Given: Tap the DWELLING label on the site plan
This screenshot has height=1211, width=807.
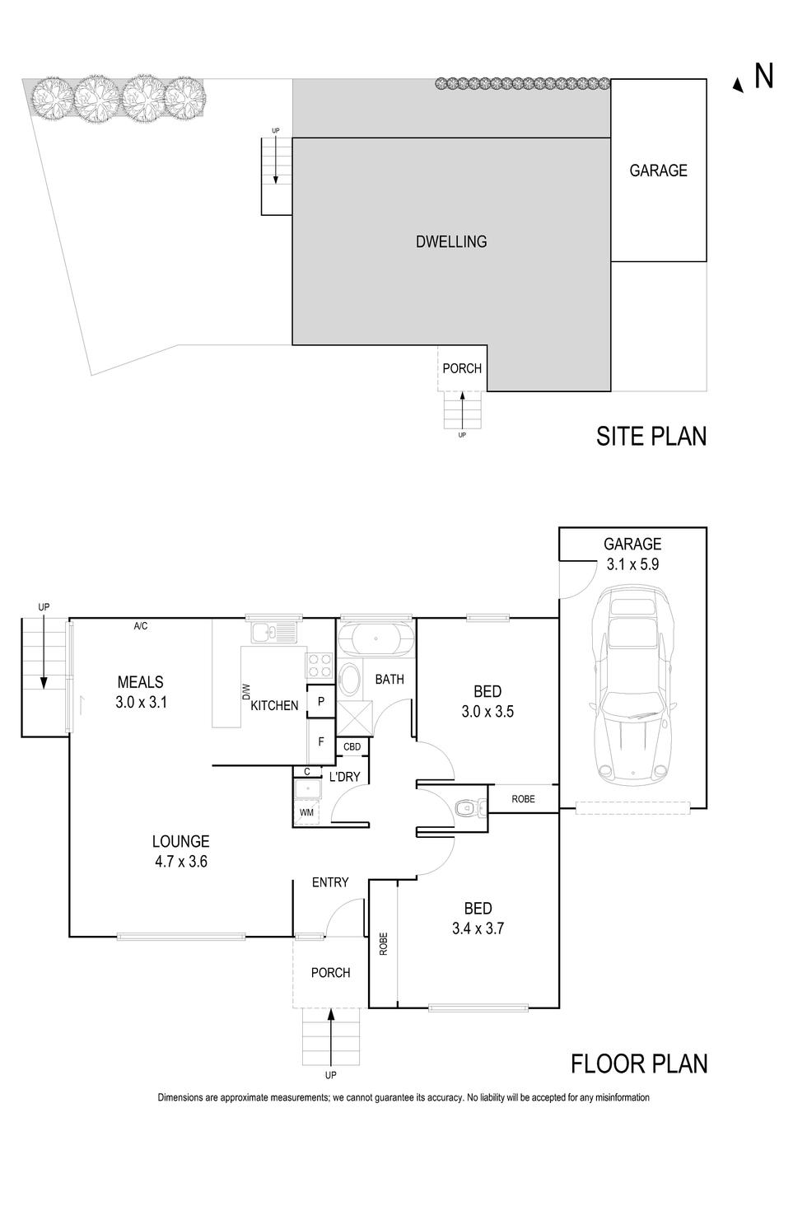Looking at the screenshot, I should (450, 241).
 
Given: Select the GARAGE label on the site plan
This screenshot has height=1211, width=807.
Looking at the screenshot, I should (658, 171).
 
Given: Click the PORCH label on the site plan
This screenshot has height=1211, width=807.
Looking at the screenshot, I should (461, 368).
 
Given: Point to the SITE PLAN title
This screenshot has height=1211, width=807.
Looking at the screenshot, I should (651, 436).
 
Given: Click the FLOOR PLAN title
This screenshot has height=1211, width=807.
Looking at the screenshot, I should (638, 1064).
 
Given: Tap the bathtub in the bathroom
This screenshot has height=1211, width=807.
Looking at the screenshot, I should (375, 638).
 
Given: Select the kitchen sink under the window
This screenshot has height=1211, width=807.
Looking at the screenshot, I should (274, 633).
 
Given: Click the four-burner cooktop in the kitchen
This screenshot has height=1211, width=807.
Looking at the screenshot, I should (320, 664).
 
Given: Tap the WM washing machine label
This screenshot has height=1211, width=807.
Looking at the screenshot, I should (306, 813).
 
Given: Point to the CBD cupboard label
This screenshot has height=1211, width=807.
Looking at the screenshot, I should (352, 746).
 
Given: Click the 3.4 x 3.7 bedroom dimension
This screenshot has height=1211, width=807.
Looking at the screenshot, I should (478, 928).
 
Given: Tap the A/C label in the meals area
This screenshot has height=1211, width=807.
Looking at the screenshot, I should (141, 627).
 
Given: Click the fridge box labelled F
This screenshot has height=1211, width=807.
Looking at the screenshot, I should (321, 741).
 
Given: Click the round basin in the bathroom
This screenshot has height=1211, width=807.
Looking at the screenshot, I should (349, 680).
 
